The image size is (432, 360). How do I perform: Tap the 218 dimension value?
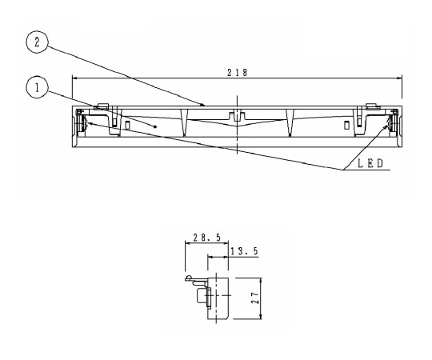point(237,72)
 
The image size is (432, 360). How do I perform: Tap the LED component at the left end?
point(81,124)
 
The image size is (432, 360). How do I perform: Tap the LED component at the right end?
point(391,124)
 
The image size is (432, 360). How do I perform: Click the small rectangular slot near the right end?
point(346,125)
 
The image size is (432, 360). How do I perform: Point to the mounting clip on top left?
point(102,106)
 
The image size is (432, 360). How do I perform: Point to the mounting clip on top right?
point(371,106)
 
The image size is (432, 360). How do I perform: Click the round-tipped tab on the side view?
point(189,279)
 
